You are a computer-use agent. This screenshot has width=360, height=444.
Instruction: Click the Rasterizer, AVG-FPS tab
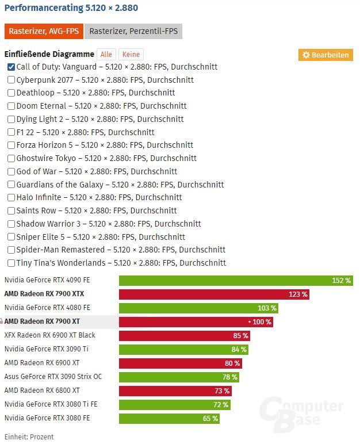44,31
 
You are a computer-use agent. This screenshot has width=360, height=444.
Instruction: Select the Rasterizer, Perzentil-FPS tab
133,31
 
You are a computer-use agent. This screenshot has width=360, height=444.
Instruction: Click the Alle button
106,54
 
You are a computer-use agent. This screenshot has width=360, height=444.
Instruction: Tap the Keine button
131,54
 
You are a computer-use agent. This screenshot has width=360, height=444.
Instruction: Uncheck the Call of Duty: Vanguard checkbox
11,67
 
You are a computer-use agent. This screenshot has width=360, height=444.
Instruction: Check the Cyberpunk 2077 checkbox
11,80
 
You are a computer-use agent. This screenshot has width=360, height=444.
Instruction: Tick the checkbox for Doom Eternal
11,106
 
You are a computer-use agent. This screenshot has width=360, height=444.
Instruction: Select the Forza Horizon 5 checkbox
11,146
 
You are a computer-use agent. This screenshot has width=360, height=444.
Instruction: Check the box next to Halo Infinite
11,198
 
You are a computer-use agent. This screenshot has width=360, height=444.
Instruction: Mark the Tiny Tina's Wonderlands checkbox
11,263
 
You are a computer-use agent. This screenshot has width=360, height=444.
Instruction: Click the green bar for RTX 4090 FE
230,281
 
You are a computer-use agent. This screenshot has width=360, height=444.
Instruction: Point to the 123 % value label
298,294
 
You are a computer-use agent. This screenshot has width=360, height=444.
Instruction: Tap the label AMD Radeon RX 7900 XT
41,321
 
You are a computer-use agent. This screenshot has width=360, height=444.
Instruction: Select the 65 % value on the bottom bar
210,419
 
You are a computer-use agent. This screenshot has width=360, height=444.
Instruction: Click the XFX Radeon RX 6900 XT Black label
49,335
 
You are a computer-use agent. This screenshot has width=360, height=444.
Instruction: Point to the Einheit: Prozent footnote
29,437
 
